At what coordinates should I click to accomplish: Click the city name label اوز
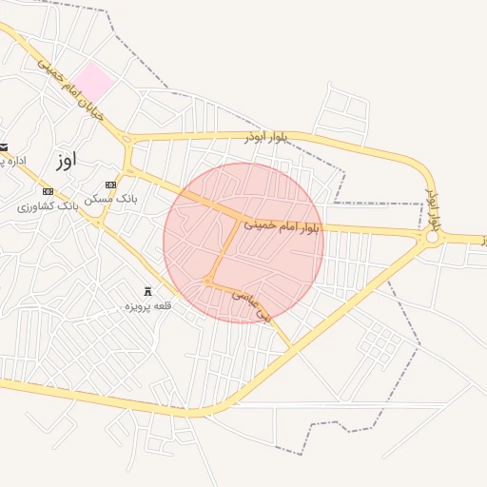pos(65,160)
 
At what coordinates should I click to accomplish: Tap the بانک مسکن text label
pos(111,199)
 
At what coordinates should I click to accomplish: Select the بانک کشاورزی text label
pos(48,205)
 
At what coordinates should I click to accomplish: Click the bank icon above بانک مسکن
pos(111,185)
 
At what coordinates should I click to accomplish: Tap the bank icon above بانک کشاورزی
pos(48,191)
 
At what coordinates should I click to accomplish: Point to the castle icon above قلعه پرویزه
pos(147,291)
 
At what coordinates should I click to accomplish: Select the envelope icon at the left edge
pos(4,146)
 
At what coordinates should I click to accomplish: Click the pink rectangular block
pos(94,82)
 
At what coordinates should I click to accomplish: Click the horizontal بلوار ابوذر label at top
pos(265,137)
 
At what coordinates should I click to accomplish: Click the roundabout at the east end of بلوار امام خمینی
pos(433,237)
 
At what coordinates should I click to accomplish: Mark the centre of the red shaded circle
pos(243,243)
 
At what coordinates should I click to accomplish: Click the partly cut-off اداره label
pos(11,161)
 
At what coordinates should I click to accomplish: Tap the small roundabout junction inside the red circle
pos(207,282)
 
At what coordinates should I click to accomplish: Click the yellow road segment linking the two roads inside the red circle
pos(224,250)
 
